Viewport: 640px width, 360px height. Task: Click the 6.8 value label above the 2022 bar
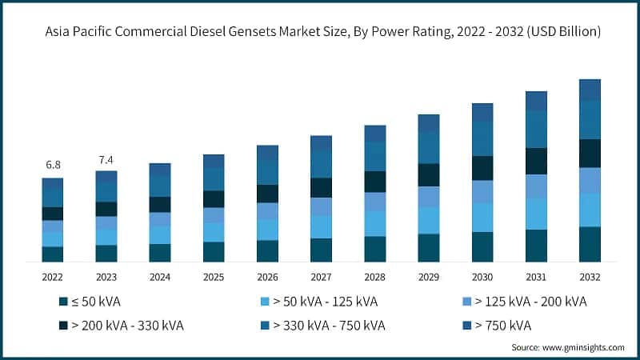[53, 165]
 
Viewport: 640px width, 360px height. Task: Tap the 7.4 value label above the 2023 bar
[106, 159]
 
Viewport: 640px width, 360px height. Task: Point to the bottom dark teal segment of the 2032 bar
[590, 244]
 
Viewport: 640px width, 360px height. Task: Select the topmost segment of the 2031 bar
[536, 101]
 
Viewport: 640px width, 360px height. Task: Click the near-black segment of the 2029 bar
[429, 174]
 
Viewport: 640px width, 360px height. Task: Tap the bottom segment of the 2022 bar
[53, 254]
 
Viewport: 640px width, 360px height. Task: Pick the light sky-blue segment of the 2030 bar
[482, 217]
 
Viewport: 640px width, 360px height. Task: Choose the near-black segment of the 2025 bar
[214, 198]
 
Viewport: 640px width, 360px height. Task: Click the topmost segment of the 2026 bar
[267, 152]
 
